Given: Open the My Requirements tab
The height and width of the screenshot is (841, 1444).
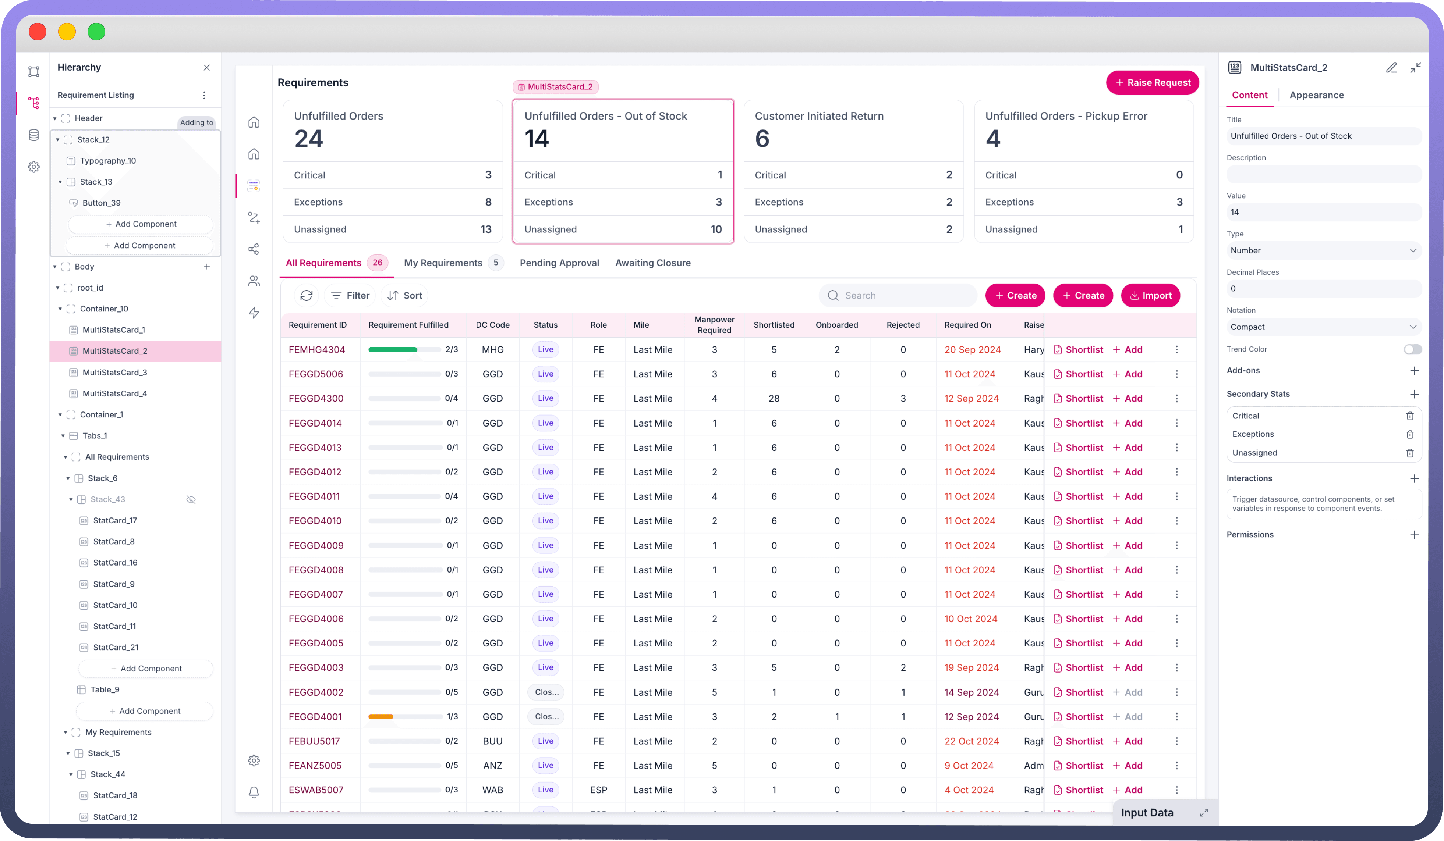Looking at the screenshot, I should point(443,263).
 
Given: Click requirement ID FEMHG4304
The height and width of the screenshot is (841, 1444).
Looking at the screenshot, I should point(317,349).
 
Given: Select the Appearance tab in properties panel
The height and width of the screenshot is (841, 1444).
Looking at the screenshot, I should point(1316,95).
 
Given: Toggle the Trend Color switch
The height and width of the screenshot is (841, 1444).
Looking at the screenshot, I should point(1412,349).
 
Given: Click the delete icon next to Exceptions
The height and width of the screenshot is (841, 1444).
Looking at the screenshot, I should point(1410,435).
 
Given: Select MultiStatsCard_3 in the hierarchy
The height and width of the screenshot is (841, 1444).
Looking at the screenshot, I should point(114,372).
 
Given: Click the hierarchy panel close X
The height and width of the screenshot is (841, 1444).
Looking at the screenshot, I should point(207,68).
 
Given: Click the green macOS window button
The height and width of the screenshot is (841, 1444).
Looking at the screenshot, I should point(96,32).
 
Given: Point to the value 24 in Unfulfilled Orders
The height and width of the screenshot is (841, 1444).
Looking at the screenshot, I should point(309,139).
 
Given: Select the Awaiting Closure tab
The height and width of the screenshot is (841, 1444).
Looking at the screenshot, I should point(653,263).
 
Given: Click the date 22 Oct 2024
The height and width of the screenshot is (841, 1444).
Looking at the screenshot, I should point(971,741).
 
